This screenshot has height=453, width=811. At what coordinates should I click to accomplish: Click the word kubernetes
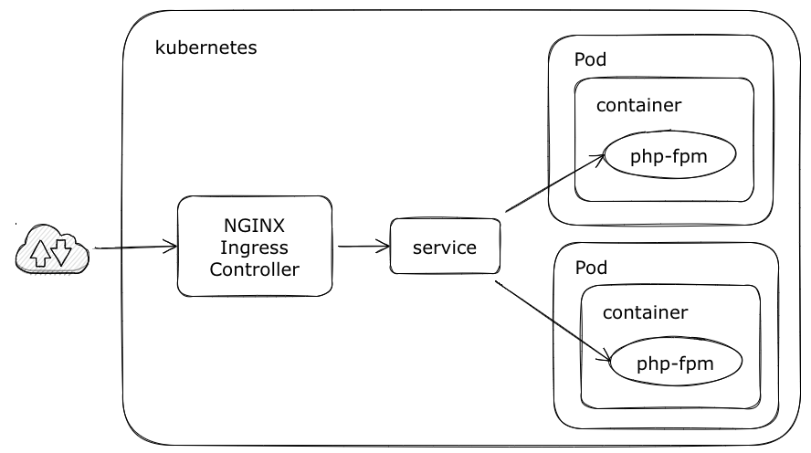click(206, 47)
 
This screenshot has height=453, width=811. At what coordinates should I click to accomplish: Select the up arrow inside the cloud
click(41, 251)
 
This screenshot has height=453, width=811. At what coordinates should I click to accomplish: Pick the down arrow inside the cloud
click(61, 249)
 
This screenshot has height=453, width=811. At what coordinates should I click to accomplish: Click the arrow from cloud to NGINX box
click(132, 247)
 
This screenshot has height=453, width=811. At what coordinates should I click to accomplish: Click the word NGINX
click(255, 226)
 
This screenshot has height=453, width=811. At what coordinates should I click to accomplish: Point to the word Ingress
click(255, 248)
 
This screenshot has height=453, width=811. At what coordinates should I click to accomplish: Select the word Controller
click(255, 269)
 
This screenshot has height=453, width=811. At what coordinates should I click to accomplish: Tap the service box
click(445, 248)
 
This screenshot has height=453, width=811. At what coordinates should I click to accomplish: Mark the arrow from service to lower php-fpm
click(552, 321)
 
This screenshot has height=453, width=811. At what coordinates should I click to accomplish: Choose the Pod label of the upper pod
click(590, 60)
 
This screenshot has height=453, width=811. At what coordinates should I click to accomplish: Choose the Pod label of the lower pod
click(591, 269)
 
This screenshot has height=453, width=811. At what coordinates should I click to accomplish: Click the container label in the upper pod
click(638, 105)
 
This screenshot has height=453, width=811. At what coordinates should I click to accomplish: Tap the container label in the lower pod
click(645, 312)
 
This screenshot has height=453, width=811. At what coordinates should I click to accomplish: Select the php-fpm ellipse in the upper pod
click(669, 157)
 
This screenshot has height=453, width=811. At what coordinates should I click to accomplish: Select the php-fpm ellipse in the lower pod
click(676, 364)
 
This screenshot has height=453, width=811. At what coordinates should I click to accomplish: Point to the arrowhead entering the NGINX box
click(171, 247)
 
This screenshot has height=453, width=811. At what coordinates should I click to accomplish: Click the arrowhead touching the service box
click(384, 246)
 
